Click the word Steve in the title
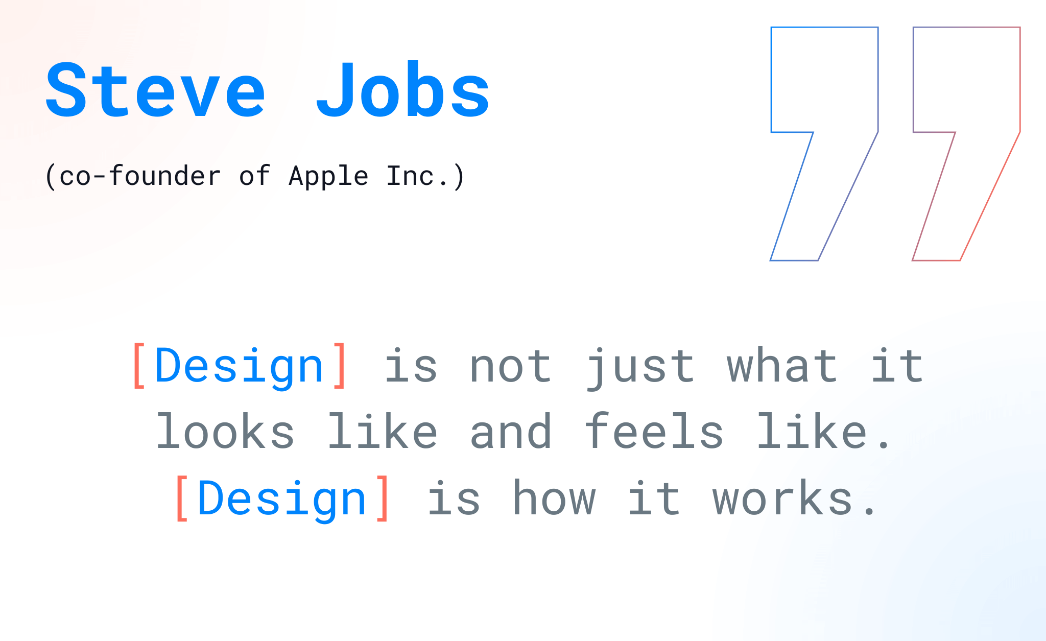(x=156, y=90)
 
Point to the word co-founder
(x=140, y=176)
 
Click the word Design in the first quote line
(x=239, y=367)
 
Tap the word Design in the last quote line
(x=282, y=500)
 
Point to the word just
(x=641, y=368)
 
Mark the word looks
(x=225, y=431)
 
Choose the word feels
(x=654, y=431)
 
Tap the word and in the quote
(x=511, y=431)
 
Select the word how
(x=554, y=497)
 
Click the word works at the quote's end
(x=782, y=497)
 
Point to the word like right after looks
(x=383, y=431)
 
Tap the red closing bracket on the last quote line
(x=383, y=499)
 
